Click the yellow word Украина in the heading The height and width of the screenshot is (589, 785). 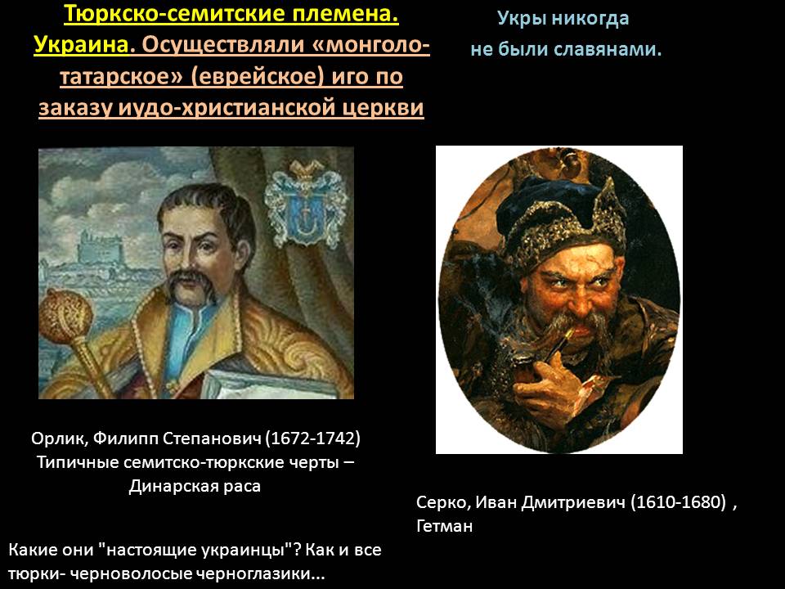[x=81, y=45]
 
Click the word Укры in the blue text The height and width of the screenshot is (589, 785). [x=520, y=19]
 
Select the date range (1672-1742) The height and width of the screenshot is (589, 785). [x=313, y=438]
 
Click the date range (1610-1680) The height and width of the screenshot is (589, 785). [x=678, y=501]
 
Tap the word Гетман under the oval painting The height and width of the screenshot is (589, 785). [x=444, y=526]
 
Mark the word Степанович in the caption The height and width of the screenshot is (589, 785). [x=213, y=438]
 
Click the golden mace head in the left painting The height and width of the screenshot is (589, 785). [x=65, y=314]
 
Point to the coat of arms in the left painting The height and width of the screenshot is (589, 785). [x=306, y=205]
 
